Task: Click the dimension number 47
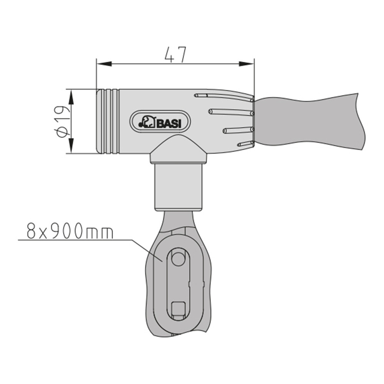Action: pyautogui.click(x=175, y=55)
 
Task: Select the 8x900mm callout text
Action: pyautogui.click(x=70, y=230)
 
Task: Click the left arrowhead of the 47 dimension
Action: pyautogui.click(x=104, y=64)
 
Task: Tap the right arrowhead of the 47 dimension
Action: pyautogui.click(x=247, y=64)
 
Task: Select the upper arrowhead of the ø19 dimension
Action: pyautogui.click(x=71, y=97)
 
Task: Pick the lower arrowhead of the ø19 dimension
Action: pyautogui.click(x=71, y=146)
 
